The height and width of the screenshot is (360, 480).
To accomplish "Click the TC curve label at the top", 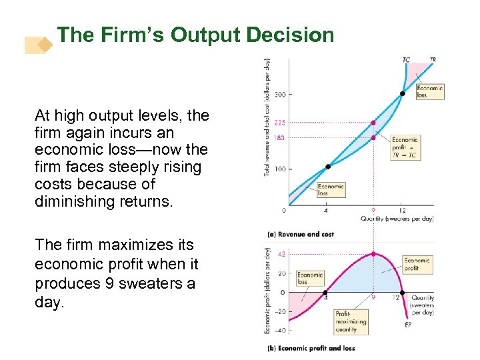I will (x=407, y=60).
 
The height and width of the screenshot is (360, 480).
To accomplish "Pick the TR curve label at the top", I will (x=433, y=60).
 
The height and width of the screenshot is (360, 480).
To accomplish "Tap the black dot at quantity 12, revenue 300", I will (x=402, y=94).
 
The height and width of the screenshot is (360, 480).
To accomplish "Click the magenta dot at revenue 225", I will (x=373, y=123).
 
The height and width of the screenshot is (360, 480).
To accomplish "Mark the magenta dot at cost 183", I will (x=373, y=137).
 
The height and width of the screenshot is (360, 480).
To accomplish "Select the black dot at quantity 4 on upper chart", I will (x=327, y=167).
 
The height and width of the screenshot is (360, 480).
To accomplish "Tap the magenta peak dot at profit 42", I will (x=373, y=254).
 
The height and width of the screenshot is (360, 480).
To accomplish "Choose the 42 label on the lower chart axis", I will (x=281, y=254).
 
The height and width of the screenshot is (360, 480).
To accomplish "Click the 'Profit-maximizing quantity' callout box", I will (x=351, y=321).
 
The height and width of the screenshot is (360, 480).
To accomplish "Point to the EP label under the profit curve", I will (x=408, y=325).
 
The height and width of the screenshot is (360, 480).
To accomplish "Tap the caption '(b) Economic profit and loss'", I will (x=311, y=348).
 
